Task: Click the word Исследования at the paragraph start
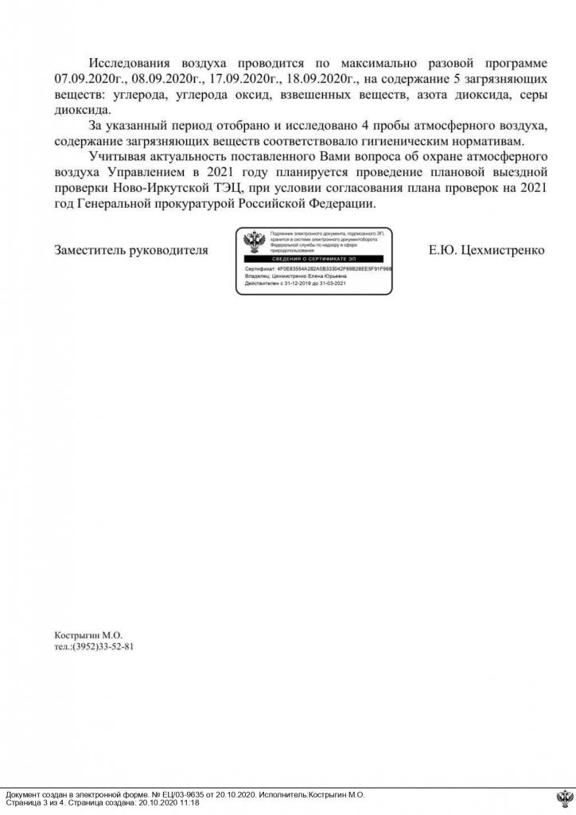(x=132, y=64)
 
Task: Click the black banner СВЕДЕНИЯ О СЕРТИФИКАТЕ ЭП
(x=313, y=260)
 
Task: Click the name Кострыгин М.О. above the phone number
(x=88, y=635)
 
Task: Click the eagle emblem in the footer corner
(x=564, y=798)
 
